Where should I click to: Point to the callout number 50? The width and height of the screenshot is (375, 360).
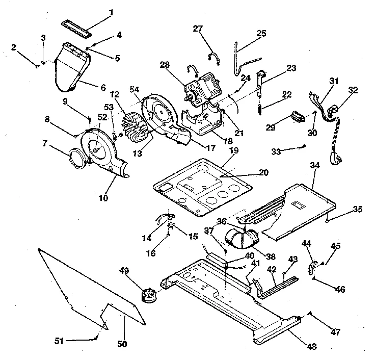click(x=122, y=344)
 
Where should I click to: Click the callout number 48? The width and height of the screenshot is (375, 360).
click(x=312, y=347)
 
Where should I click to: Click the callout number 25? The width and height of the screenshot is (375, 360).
click(x=261, y=33)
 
